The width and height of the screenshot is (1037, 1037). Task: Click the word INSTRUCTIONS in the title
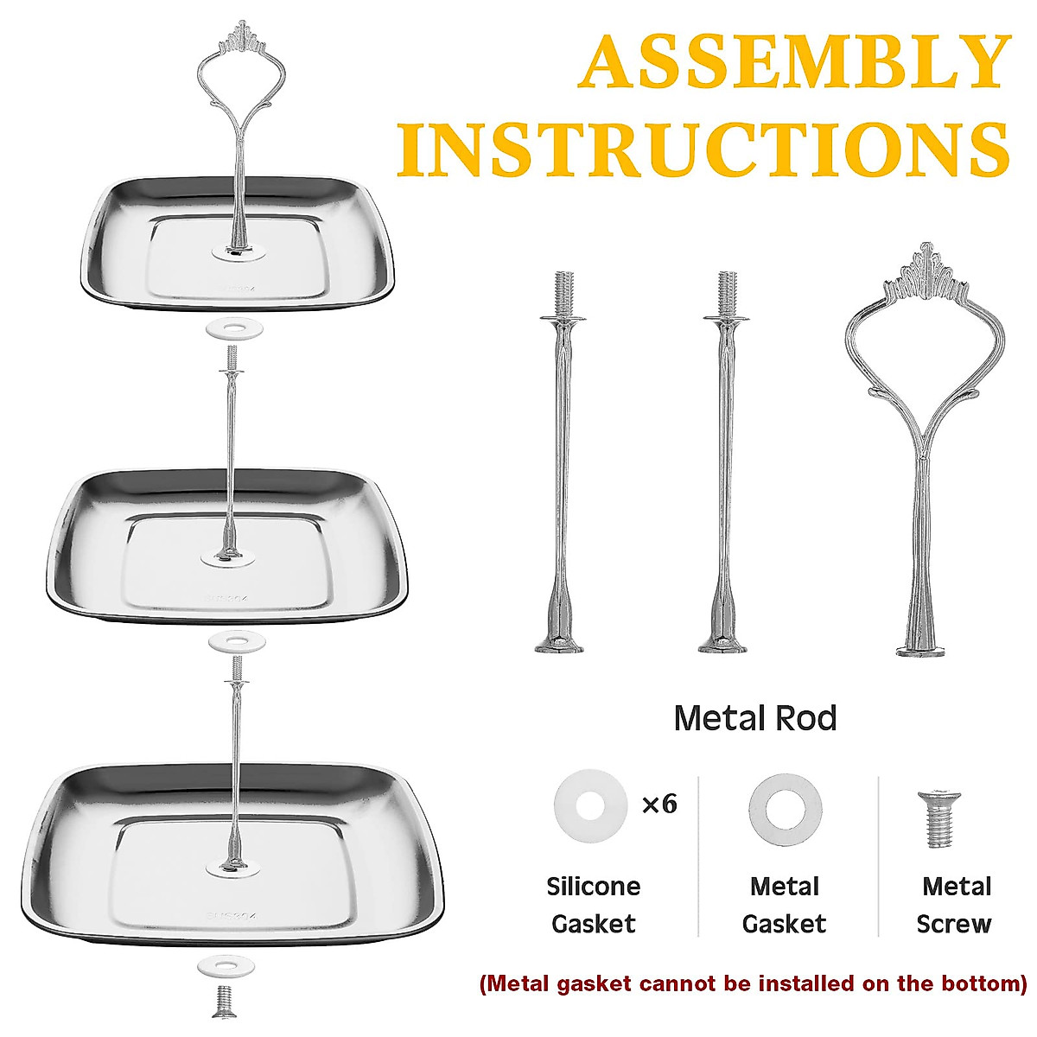point(703,149)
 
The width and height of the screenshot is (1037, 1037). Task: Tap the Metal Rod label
point(754,718)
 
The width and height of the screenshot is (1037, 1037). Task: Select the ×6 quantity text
point(658,805)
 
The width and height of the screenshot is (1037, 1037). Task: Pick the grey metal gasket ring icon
point(785,811)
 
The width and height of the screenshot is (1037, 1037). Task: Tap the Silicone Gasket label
point(594,905)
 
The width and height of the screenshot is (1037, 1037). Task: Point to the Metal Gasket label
point(784,905)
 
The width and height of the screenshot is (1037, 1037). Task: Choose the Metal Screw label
point(956,905)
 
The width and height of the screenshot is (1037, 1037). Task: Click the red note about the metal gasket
point(753,983)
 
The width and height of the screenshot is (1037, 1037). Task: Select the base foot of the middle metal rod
point(723,643)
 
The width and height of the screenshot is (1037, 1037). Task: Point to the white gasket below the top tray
point(232,329)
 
